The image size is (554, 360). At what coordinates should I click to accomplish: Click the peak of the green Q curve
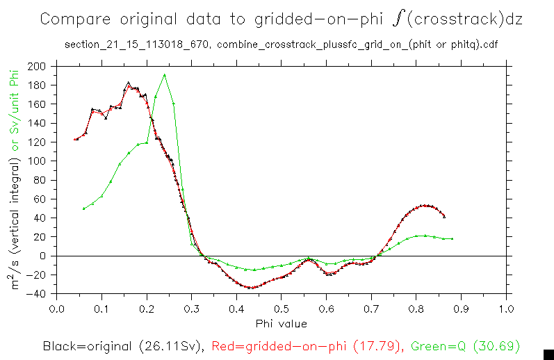point(164,74)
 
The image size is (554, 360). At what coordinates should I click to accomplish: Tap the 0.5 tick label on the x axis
point(281,309)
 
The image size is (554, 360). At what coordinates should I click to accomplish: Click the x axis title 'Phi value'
point(281,323)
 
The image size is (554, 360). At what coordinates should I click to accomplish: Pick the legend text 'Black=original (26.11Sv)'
point(122,345)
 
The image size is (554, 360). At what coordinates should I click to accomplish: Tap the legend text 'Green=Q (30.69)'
point(466,345)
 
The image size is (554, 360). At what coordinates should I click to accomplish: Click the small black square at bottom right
point(548,354)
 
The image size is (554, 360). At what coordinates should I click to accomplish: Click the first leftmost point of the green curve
point(83,208)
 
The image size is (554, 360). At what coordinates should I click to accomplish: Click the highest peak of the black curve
point(128,83)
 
